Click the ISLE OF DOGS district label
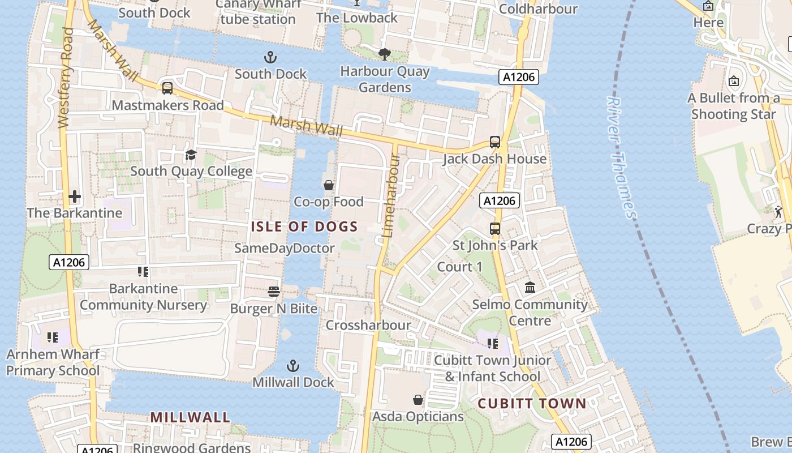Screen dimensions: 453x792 tap(304, 227)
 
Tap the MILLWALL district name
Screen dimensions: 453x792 tap(190, 417)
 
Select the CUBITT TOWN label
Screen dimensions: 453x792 tap(532, 403)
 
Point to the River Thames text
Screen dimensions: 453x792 tap(621, 157)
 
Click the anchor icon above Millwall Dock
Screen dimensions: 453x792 tap(293, 365)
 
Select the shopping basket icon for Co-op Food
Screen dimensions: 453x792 tap(328, 185)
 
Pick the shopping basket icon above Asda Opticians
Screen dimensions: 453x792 tap(418, 400)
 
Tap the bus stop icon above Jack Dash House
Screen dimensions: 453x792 tap(495, 142)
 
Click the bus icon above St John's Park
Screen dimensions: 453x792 tap(495, 229)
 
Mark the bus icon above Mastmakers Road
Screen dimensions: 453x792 tap(167, 88)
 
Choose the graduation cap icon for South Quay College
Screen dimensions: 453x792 tap(191, 155)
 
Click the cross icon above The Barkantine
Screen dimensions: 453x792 tap(75, 196)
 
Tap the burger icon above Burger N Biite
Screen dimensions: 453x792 tap(274, 292)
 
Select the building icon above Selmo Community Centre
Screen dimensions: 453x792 tap(530, 288)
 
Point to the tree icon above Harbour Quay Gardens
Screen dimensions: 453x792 tap(385, 54)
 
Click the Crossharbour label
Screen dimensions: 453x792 tap(368, 325)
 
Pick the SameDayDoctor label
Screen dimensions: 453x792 tap(285, 248)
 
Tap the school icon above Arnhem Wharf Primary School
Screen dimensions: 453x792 tap(53, 338)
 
